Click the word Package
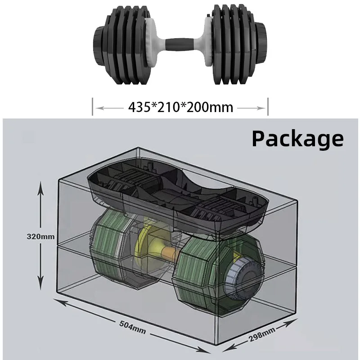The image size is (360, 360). [297, 138]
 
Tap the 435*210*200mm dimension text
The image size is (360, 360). [180, 107]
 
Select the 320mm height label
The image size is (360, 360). [41, 236]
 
